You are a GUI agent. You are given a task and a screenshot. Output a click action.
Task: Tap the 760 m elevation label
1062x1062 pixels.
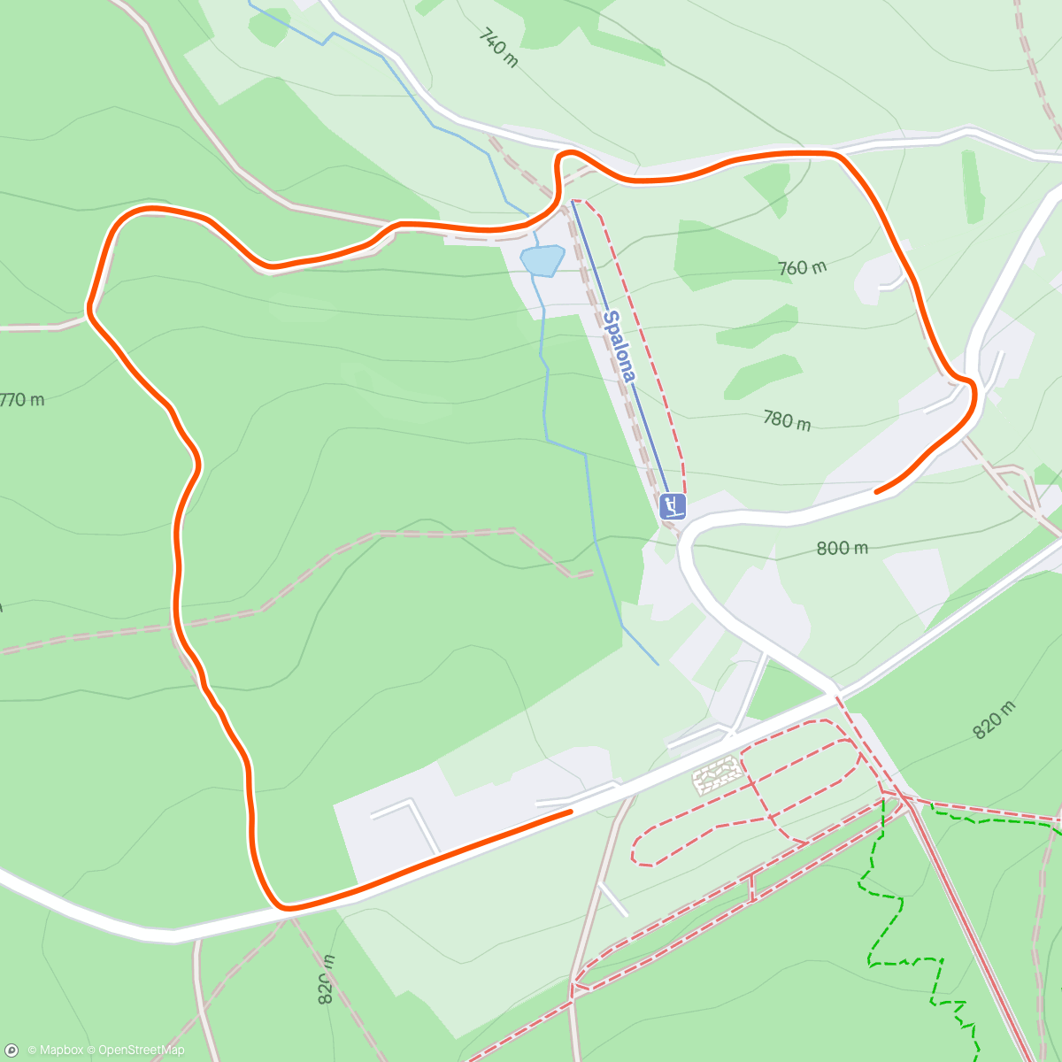point(802,266)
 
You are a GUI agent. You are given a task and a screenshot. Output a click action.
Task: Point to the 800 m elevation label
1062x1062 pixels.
point(842,548)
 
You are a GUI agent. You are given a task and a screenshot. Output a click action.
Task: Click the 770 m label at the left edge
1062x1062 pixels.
point(21,400)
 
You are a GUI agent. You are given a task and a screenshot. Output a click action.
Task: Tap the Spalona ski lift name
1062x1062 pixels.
point(619,346)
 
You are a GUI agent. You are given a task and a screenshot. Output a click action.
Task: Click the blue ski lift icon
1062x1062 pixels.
point(673,507)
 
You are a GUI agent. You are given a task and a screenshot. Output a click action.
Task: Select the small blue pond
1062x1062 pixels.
point(543,260)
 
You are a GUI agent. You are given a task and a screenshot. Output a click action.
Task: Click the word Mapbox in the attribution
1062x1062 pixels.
point(61,1050)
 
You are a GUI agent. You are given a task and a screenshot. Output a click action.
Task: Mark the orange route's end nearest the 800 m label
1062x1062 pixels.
point(876,490)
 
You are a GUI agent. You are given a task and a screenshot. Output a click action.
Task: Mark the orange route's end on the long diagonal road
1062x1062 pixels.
point(570,810)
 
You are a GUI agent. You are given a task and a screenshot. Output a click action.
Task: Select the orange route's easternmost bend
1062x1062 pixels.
point(973,394)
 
